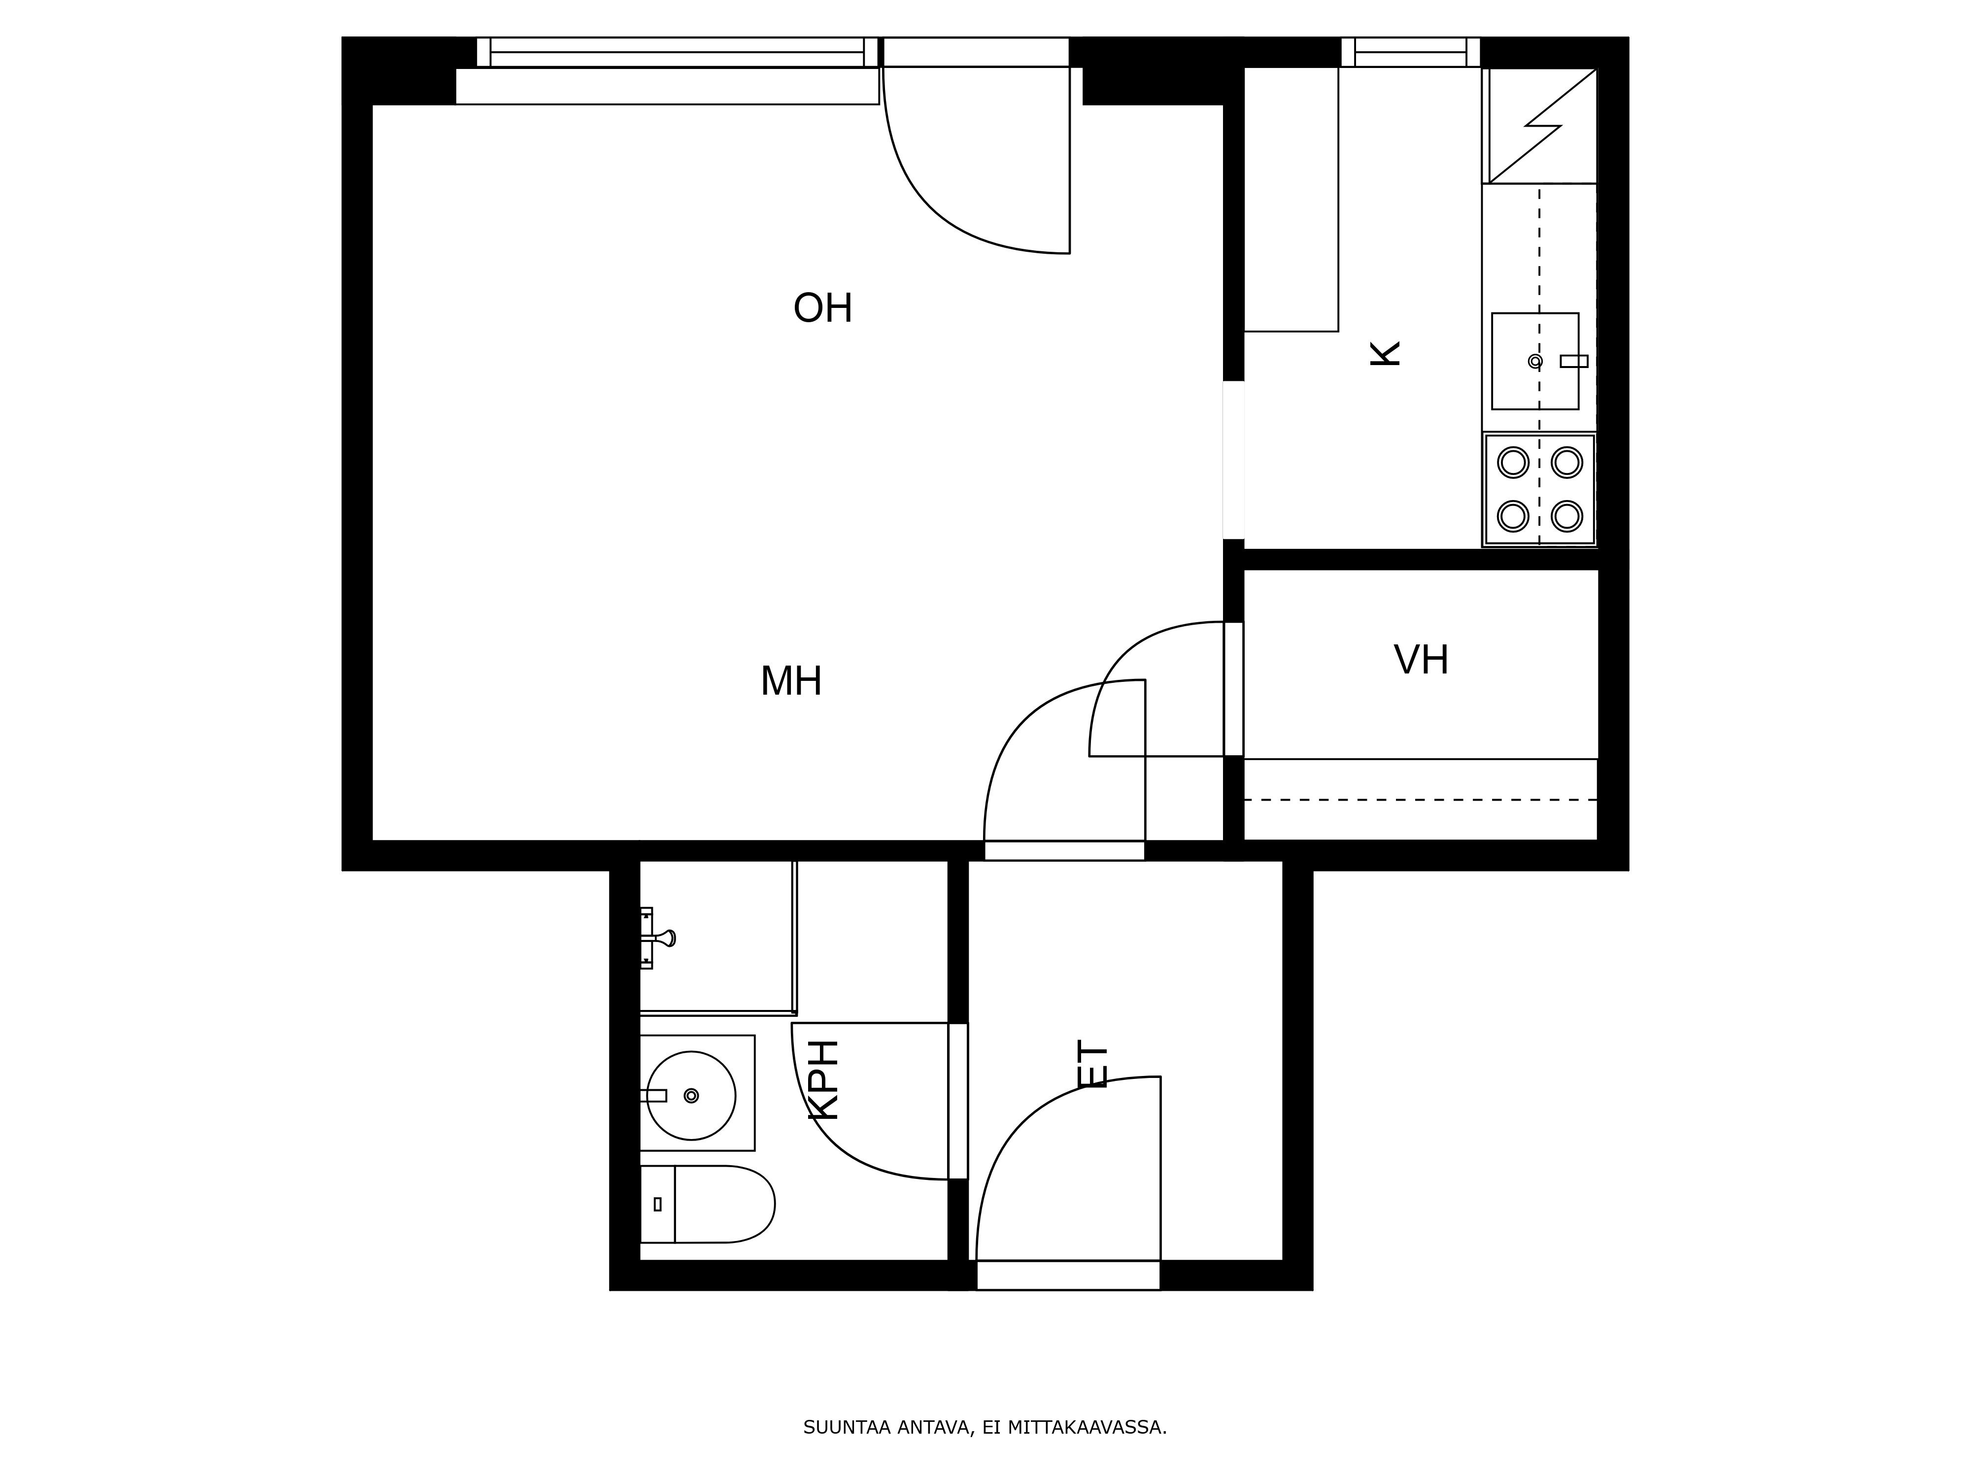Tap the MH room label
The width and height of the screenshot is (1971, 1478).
coord(791,681)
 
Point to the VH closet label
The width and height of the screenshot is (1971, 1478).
coord(1421,660)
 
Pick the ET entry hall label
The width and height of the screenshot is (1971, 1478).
coord(1093,1064)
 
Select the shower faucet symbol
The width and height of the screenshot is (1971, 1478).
coord(658,938)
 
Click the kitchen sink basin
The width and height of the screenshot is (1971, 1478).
coord(1535,361)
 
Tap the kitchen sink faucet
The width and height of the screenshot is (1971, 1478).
coord(1573,361)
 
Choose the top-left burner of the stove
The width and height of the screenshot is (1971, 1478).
coord(1513,463)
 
